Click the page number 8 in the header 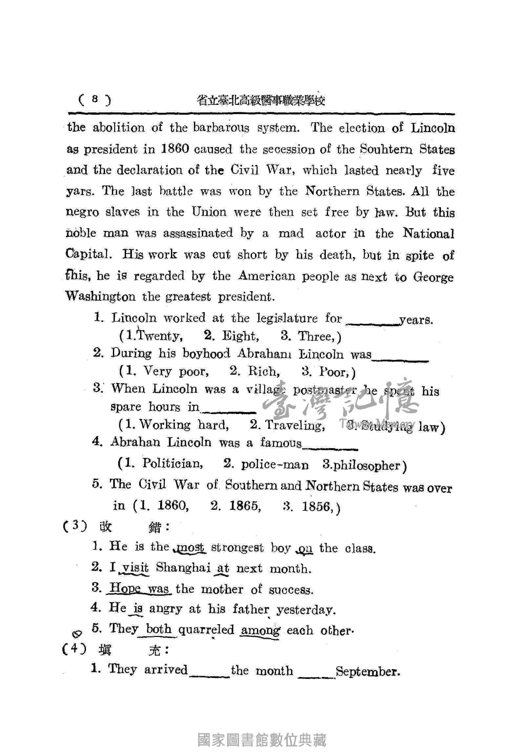95,99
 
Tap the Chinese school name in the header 261,100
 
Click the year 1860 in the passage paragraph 175,149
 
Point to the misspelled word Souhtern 386,150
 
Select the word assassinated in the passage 198,233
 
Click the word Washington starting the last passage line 100,297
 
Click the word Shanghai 183,568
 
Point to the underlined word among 260,630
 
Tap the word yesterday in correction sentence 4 306,610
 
